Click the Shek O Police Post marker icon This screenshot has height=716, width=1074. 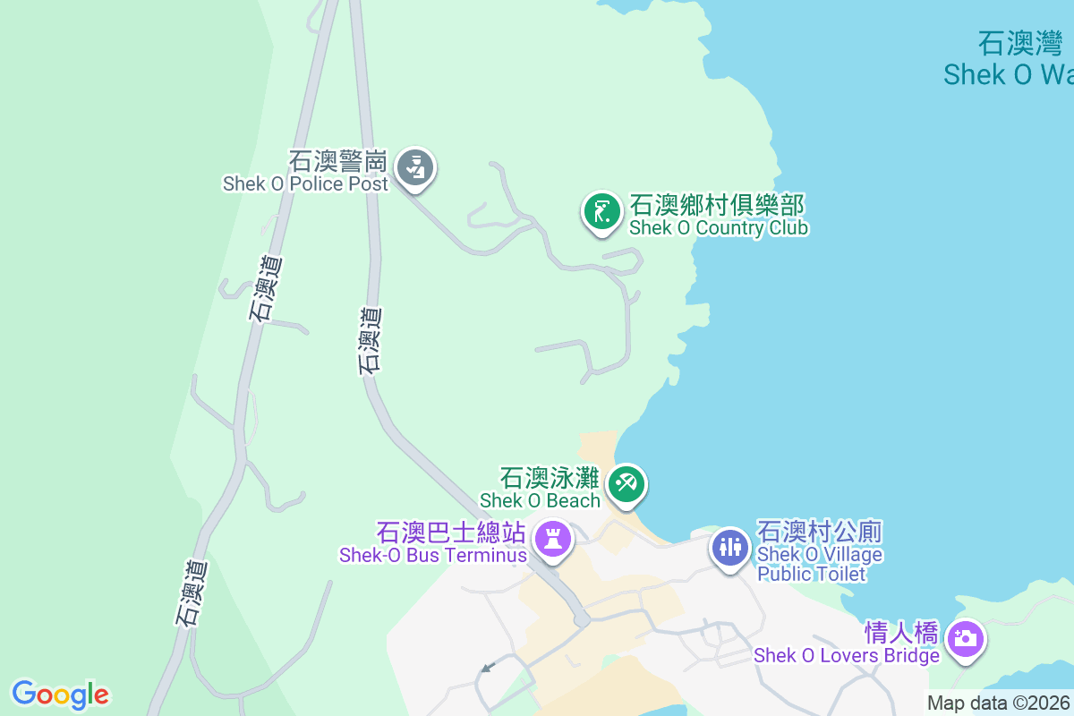pyautogui.click(x=414, y=166)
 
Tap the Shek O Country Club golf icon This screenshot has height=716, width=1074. pyautogui.click(x=602, y=212)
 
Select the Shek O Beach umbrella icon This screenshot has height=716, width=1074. pyautogui.click(x=626, y=484)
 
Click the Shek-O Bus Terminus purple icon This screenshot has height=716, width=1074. pyautogui.click(x=553, y=539)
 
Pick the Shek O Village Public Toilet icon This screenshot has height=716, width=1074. pyautogui.click(x=730, y=546)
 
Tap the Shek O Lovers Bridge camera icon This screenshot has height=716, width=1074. pyautogui.click(x=965, y=639)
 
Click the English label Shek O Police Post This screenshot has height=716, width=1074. pyautogui.click(x=305, y=183)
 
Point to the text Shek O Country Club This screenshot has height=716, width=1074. pyautogui.click(x=719, y=228)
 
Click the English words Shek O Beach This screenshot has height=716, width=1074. pyautogui.click(x=540, y=500)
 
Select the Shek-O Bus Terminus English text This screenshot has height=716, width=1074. pyautogui.click(x=433, y=555)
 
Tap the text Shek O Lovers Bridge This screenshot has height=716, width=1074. pyautogui.click(x=847, y=655)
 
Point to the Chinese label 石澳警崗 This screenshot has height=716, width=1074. pyautogui.click(x=337, y=162)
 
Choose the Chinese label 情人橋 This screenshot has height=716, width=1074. pyautogui.click(x=901, y=634)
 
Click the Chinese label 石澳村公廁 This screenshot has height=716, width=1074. pyautogui.click(x=820, y=533)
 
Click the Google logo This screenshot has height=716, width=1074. pyautogui.click(x=60, y=695)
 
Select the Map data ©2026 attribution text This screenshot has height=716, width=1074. pyautogui.click(x=999, y=703)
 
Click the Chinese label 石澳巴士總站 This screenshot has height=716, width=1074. pyautogui.click(x=450, y=533)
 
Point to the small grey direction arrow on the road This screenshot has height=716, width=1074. pyautogui.click(x=488, y=667)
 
